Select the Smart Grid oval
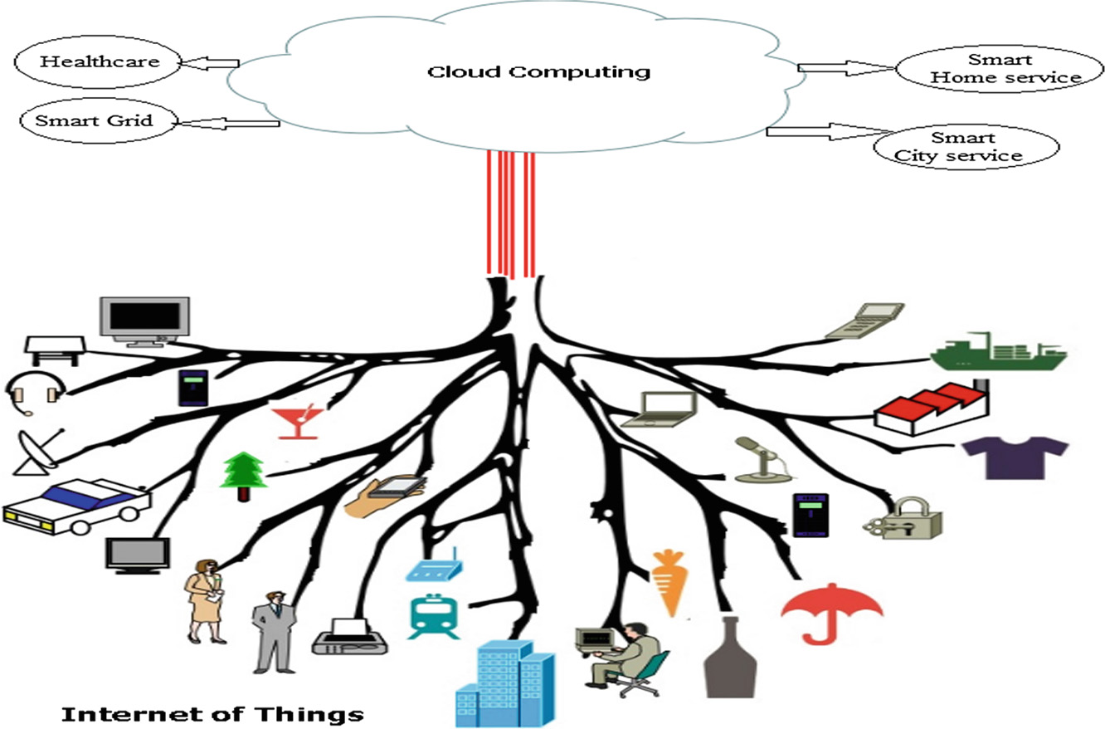pyautogui.click(x=94, y=120)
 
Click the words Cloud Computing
pyautogui.click(x=538, y=71)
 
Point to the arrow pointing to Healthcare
pyautogui.click(x=211, y=63)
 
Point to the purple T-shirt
pyautogui.click(x=1014, y=457)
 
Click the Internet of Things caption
pyautogui.click(x=212, y=713)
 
